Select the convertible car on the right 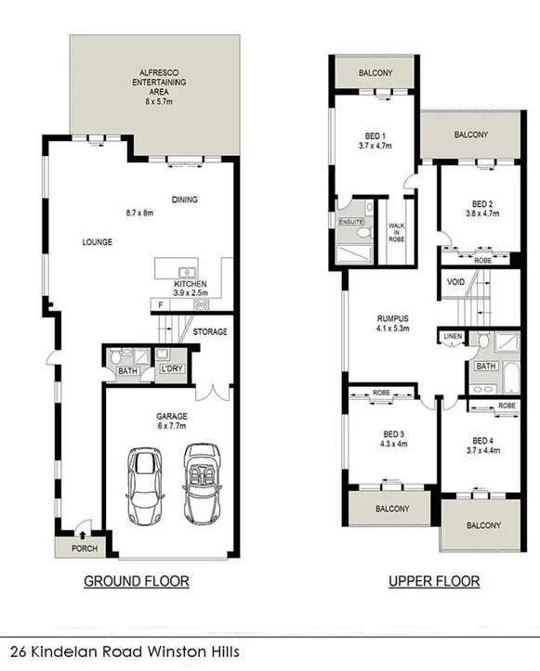coord(201,483)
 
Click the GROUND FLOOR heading coord(137,582)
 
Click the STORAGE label coord(211,331)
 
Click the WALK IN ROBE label coord(395,230)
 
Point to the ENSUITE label coord(351,222)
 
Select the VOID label coord(455,281)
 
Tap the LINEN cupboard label coord(453,336)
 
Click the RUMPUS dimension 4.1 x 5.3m coord(391,329)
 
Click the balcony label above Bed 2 coord(471,135)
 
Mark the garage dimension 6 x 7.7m coord(168,427)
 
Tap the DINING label coord(185,200)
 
